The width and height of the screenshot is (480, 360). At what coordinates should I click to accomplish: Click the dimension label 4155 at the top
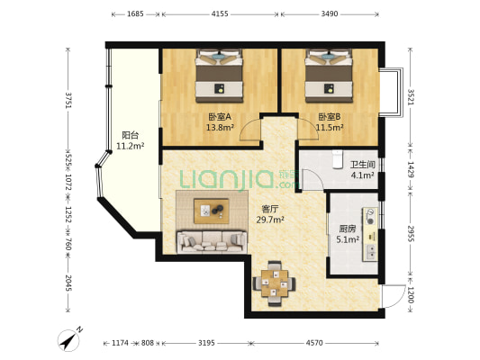pyautogui.click(x=220, y=14)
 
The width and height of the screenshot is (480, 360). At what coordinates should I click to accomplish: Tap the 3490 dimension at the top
pyautogui.click(x=330, y=14)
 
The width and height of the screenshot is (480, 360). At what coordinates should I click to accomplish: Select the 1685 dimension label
pyautogui.click(x=135, y=14)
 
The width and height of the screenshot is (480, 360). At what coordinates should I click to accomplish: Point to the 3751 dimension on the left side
pyautogui.click(x=68, y=100)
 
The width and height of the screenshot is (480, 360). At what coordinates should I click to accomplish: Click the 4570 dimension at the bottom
pyautogui.click(x=314, y=343)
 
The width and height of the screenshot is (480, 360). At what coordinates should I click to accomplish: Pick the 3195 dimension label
pyautogui.click(x=206, y=343)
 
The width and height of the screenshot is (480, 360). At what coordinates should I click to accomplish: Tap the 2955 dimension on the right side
pyautogui.click(x=411, y=234)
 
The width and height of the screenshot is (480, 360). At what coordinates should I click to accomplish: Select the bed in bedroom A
pyautogui.click(x=219, y=76)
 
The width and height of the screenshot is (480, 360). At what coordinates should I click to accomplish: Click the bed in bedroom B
pyautogui.click(x=329, y=76)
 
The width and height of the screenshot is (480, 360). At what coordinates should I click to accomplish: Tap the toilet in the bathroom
pyautogui.click(x=338, y=159)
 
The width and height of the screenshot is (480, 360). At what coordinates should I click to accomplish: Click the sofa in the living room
pyautogui.click(x=212, y=242)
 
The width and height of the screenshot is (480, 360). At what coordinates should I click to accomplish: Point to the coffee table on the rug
pyautogui.click(x=212, y=211)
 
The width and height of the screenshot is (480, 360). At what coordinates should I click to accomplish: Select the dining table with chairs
pyautogui.click(x=275, y=283)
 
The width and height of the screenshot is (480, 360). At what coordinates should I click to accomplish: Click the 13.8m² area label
pyautogui.click(x=220, y=128)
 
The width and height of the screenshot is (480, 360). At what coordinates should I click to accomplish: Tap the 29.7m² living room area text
pyautogui.click(x=270, y=220)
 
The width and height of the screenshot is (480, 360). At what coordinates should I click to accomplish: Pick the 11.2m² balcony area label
pyautogui.click(x=130, y=146)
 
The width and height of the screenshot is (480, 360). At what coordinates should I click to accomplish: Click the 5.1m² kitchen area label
pyautogui.click(x=348, y=239)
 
